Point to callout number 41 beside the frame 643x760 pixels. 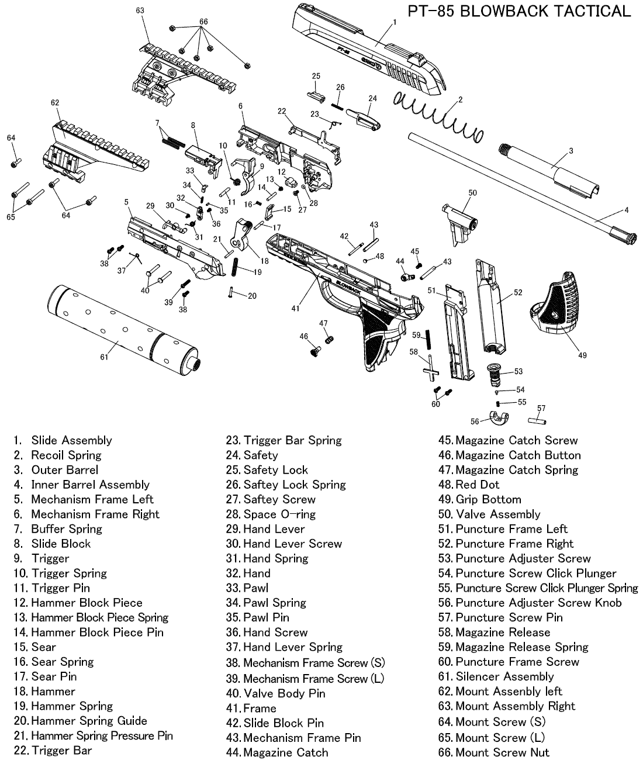click(x=296, y=308)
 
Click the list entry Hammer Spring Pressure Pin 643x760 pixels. click(x=102, y=735)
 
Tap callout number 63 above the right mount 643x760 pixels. click(x=140, y=11)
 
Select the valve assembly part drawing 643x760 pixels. click(x=459, y=222)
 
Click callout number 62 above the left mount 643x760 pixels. click(x=55, y=103)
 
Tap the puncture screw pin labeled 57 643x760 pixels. click(x=537, y=420)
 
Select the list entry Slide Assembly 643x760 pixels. click(x=71, y=440)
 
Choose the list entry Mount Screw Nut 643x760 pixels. click(x=502, y=752)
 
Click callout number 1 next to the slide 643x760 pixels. click(x=395, y=22)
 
